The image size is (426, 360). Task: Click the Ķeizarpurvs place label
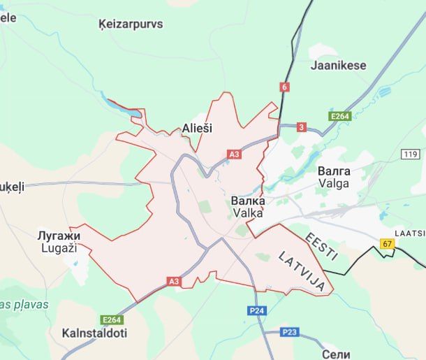131,24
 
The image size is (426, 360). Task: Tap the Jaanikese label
338,65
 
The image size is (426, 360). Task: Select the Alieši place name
197,128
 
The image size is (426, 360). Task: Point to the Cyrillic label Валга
334,171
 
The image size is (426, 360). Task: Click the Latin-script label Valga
334,183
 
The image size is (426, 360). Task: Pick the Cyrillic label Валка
248,201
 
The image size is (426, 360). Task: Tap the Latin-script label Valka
248,213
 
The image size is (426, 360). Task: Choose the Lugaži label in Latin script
59,248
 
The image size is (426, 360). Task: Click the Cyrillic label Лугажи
59,236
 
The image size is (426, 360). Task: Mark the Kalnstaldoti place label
94,333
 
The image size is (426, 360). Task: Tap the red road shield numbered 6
284,87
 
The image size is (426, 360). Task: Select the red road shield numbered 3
301,127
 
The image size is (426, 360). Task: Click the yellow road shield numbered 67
387,243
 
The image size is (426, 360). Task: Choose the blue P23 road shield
291,332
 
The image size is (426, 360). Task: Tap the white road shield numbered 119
409,153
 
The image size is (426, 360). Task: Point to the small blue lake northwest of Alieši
122,108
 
